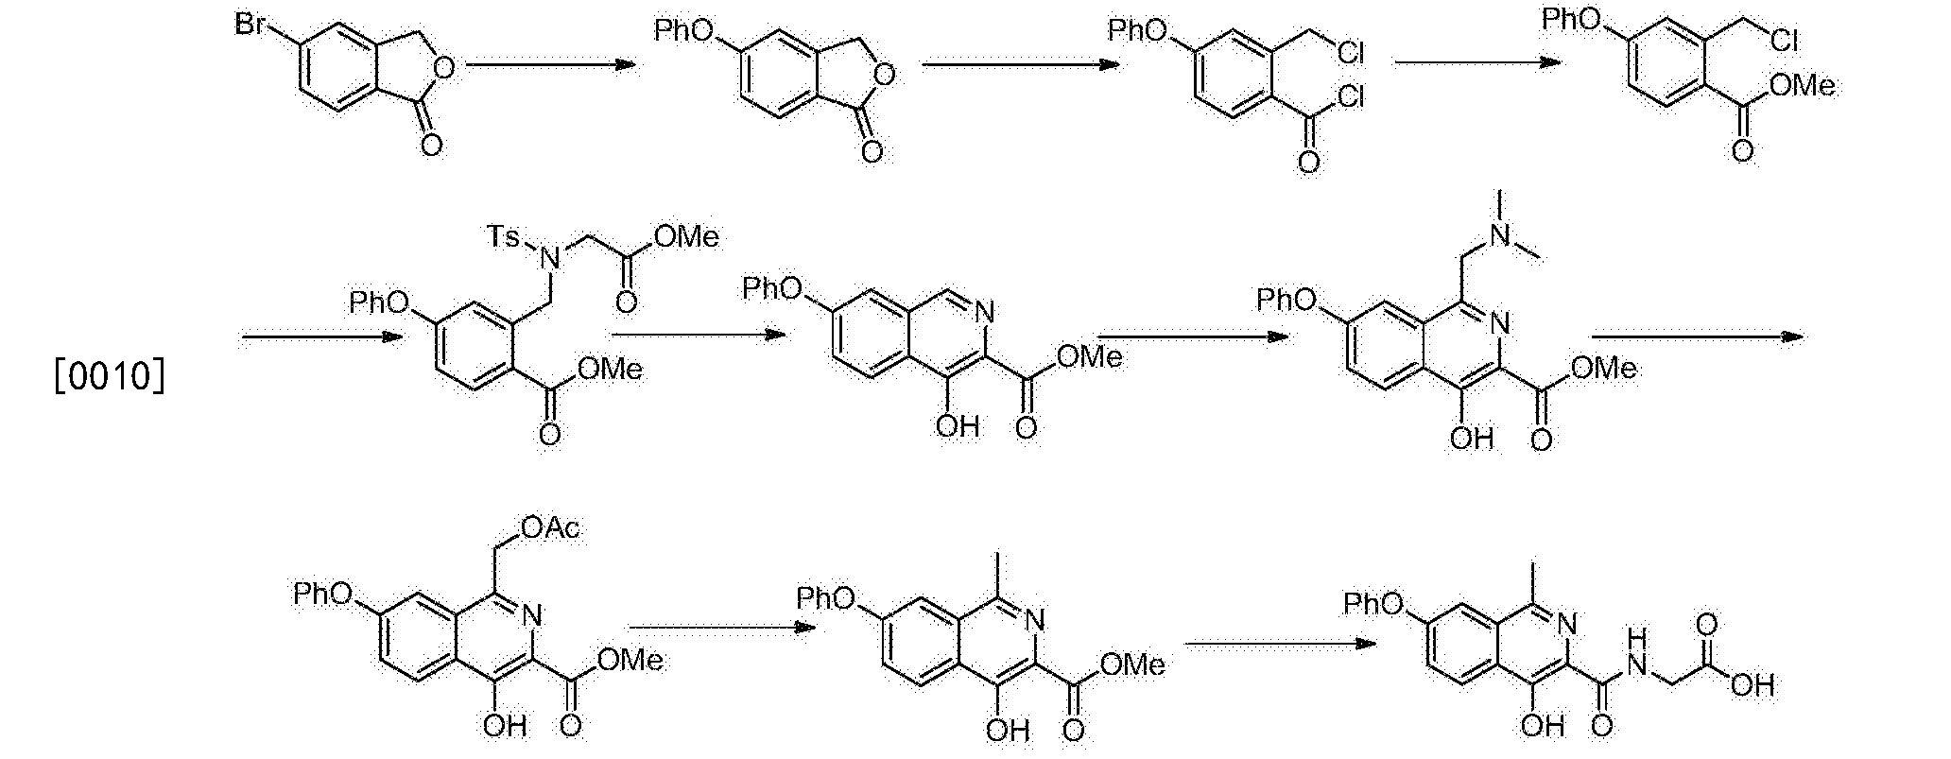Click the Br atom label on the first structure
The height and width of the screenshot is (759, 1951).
[250, 26]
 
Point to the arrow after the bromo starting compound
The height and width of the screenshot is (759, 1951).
[549, 64]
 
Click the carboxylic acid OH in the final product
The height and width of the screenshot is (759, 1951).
[1752, 685]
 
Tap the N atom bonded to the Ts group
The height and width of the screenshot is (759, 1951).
[555, 255]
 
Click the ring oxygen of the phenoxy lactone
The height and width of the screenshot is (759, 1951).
[887, 73]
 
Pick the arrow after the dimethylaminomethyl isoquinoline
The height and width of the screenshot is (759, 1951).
[1698, 336]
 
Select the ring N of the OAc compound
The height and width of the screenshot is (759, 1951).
[532, 616]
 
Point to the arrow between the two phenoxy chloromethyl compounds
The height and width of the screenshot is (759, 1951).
[1477, 63]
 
